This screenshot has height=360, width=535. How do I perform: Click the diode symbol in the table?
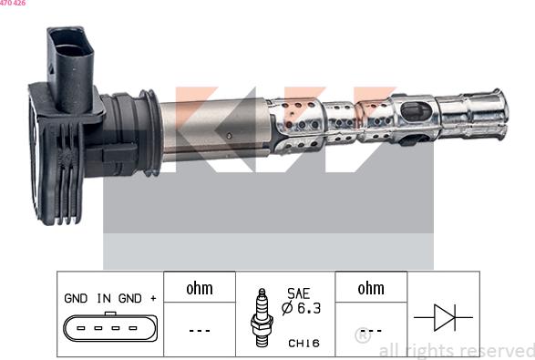click(444, 317)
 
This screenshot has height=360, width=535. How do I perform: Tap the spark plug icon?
click(262, 317)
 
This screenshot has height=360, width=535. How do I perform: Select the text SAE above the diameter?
click(298, 293)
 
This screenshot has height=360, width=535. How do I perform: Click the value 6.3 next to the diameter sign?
click(309, 308)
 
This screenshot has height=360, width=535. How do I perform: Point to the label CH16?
click(304, 343)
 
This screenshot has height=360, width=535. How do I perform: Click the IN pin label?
click(104, 298)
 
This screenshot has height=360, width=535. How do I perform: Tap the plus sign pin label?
click(153, 299)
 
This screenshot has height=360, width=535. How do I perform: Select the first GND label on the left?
click(76, 298)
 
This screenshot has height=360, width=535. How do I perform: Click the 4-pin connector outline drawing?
click(110, 327)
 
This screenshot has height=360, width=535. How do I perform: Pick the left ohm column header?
click(200, 288)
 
